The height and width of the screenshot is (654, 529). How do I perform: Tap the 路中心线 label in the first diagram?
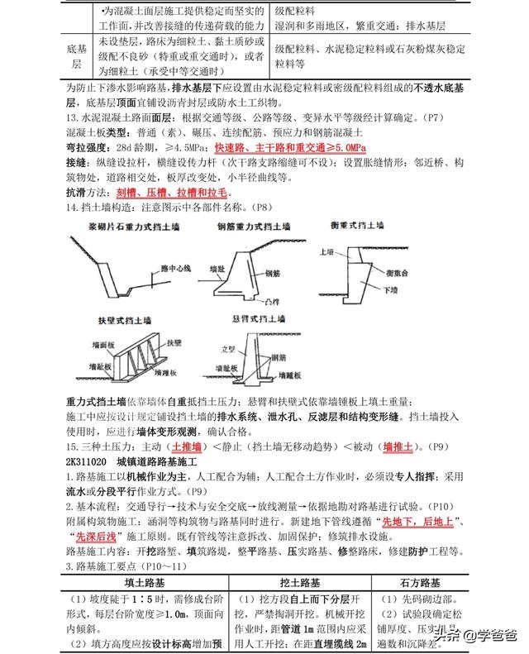point(175,268)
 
